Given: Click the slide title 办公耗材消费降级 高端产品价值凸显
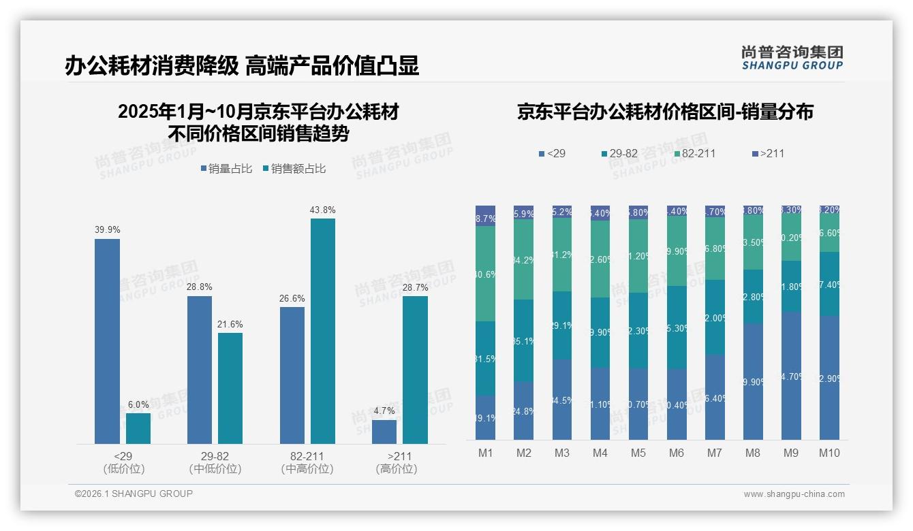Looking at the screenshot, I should click(x=241, y=65).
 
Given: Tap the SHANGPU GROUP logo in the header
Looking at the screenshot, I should click(x=792, y=57).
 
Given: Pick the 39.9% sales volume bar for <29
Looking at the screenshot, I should click(x=107, y=340).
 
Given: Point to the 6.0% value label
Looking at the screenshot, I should click(x=138, y=404).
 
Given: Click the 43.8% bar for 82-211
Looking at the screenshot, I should click(x=323, y=331).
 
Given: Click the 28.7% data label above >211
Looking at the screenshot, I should click(x=416, y=288).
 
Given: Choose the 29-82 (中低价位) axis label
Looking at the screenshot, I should click(x=215, y=462).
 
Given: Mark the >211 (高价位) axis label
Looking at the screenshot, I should click(x=397, y=462).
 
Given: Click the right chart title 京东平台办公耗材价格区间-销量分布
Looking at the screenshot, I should click(x=665, y=112).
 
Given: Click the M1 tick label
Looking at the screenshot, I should click(x=485, y=453).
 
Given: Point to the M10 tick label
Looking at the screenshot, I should click(x=829, y=453).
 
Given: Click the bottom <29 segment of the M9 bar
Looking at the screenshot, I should click(x=791, y=375).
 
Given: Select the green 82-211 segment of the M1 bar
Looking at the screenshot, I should click(x=485, y=274).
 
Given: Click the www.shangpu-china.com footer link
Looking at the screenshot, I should click(x=794, y=494).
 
